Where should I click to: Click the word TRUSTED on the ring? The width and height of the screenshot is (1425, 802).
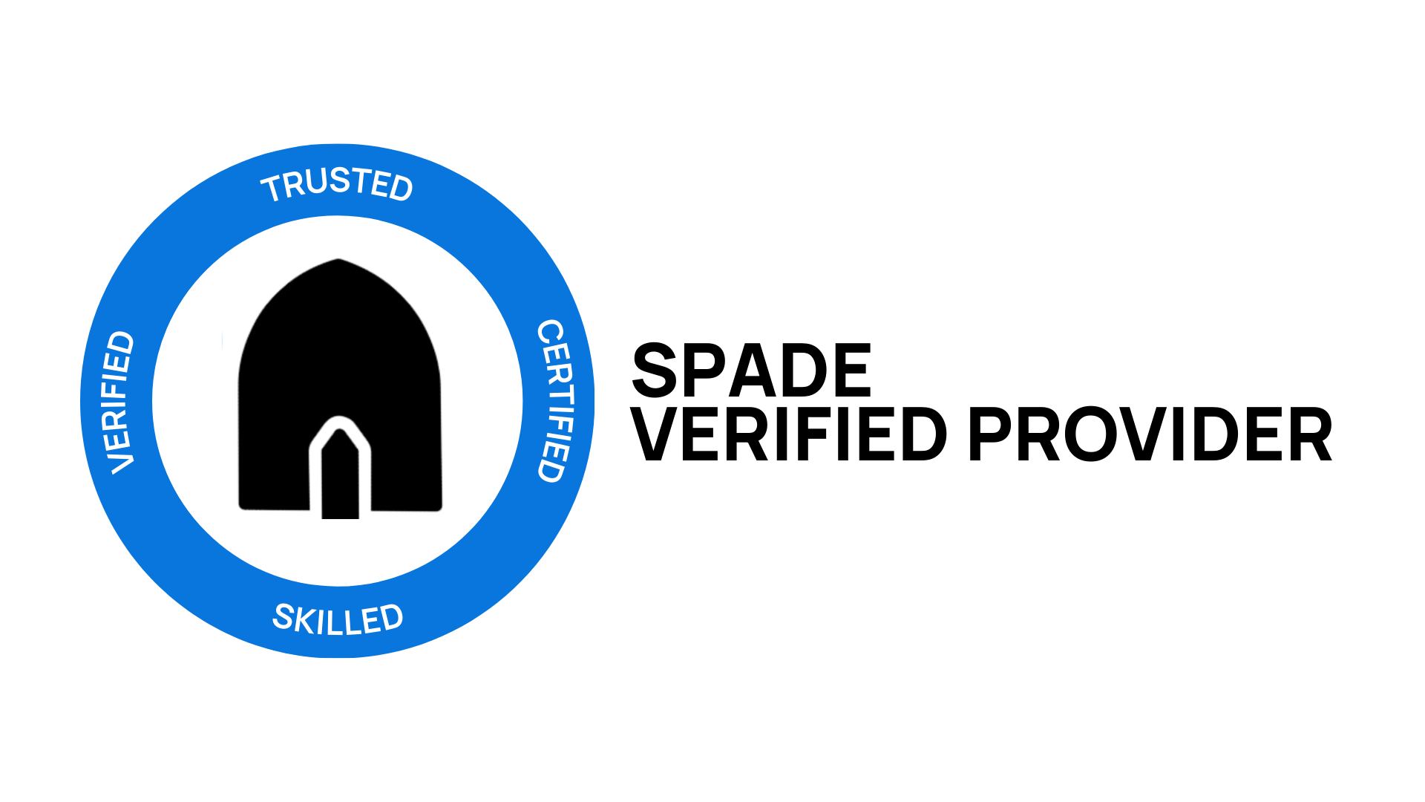click(337, 183)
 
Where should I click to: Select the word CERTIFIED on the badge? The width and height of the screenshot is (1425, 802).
click(556, 401)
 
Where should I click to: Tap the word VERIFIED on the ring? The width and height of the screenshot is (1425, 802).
click(119, 402)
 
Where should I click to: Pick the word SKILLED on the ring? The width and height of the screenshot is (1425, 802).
click(338, 619)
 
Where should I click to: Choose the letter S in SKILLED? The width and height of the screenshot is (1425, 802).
click(284, 616)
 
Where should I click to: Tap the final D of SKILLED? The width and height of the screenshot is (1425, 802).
click(390, 618)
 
